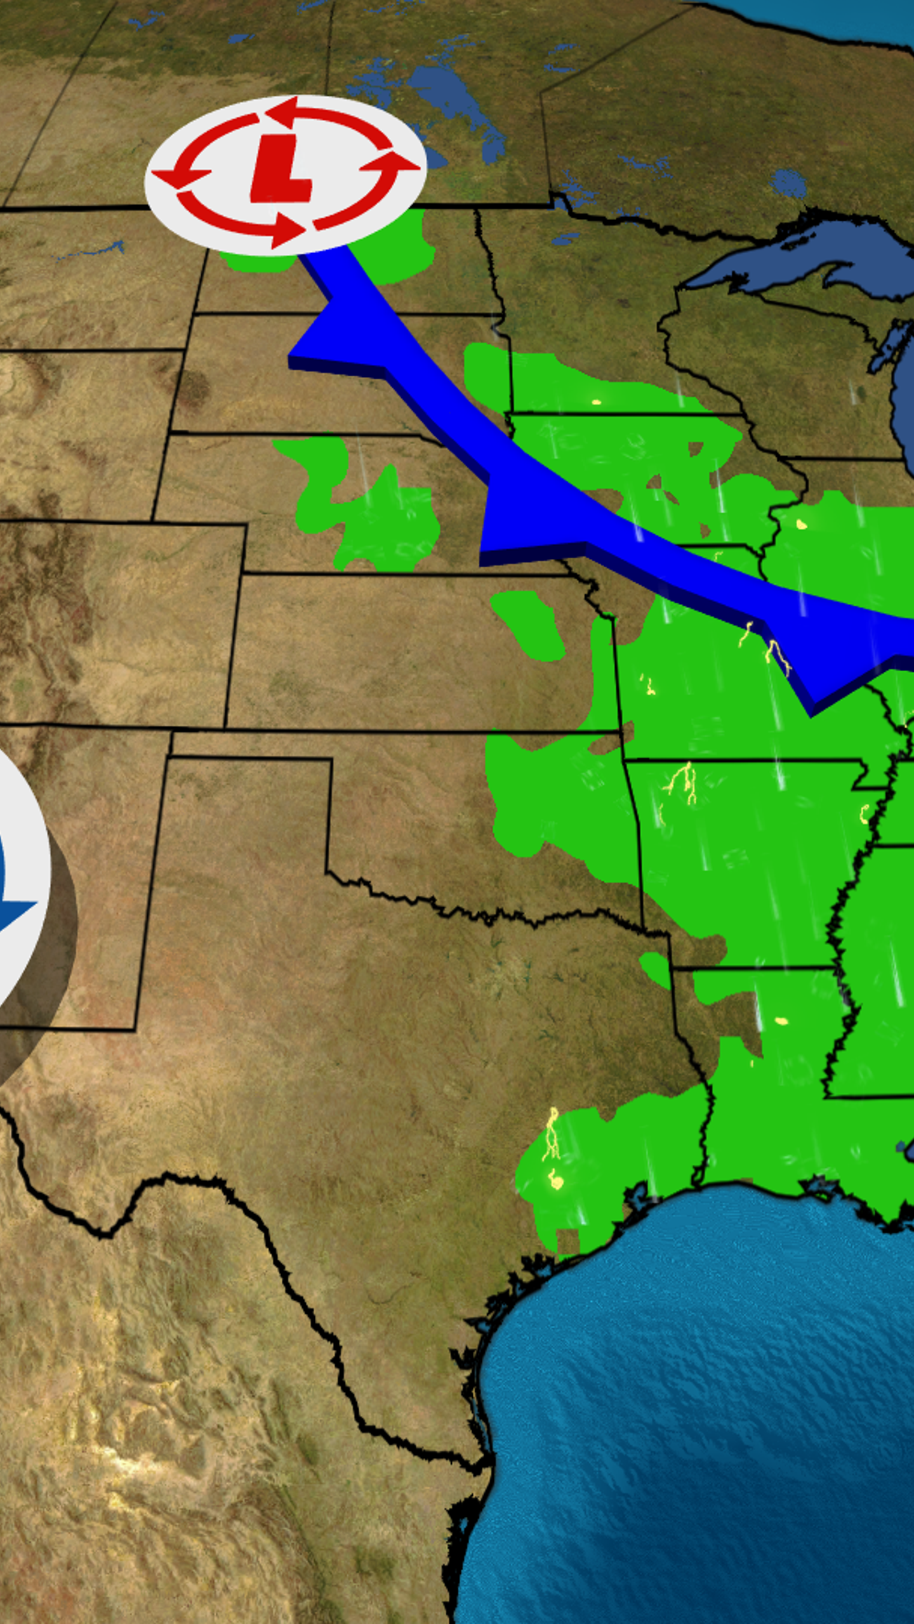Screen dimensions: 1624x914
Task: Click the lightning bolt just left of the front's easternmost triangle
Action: pos(778,657)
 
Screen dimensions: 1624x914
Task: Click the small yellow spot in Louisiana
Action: pos(781,1021)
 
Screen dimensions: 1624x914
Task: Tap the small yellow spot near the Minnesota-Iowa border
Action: pos(596,401)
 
